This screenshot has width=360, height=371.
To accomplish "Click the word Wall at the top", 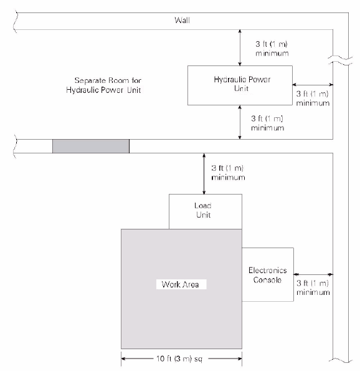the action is click(x=182, y=21).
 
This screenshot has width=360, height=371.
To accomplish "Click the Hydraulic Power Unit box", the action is click(x=240, y=85).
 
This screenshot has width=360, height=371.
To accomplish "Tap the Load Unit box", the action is click(x=206, y=211).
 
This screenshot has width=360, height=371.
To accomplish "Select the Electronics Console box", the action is click(x=268, y=274).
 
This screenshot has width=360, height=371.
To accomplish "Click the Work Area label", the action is click(x=181, y=284).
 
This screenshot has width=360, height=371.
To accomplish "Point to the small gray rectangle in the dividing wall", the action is click(x=91, y=147).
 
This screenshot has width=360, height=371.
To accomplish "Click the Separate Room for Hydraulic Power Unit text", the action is click(x=104, y=85).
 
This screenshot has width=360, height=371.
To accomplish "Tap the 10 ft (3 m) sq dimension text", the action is click(x=179, y=359).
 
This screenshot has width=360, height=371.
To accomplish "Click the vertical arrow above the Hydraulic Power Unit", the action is click(x=240, y=47).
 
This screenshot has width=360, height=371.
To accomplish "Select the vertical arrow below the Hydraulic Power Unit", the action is click(x=240, y=122).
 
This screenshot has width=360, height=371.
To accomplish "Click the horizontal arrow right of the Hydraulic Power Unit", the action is click(x=313, y=84).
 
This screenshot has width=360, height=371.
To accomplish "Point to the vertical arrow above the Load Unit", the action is click(x=204, y=174).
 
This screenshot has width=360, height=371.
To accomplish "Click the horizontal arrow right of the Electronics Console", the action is click(x=313, y=274).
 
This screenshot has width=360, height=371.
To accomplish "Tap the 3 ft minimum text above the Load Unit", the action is click(x=228, y=173).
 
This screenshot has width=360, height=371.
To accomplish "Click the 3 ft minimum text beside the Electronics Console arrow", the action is click(x=313, y=287).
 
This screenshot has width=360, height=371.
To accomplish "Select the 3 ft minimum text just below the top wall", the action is click(x=272, y=49).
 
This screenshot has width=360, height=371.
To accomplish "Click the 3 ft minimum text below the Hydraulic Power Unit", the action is click(x=267, y=123).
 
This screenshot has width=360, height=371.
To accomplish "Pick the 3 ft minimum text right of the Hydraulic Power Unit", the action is click(x=313, y=99).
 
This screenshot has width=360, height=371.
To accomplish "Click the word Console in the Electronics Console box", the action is click(x=267, y=280).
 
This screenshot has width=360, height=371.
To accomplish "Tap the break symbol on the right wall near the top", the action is click(x=341, y=60).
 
